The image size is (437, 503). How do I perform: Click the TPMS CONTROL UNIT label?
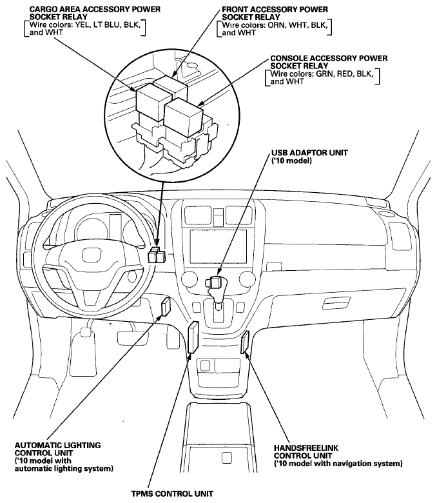[172, 493]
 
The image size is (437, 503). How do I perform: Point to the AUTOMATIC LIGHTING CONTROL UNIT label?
[58, 449]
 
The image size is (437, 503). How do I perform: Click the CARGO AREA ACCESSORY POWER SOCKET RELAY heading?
[95, 13]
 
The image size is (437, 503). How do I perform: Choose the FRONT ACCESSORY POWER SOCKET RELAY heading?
[275, 13]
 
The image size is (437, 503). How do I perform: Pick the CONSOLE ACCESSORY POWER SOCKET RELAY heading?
[329, 63]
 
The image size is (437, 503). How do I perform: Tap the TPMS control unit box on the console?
[193, 337]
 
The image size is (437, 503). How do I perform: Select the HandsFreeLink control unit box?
[246, 342]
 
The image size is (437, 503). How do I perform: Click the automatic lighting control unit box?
[166, 307]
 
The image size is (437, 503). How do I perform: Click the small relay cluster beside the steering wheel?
[157, 255]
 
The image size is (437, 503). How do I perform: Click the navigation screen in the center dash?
[218, 246]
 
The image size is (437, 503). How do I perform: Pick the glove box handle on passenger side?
[336, 302]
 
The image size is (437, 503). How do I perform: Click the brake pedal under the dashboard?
[133, 337]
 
